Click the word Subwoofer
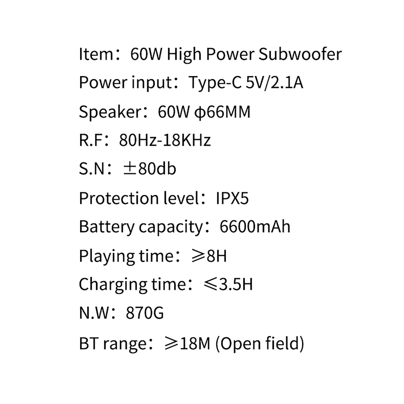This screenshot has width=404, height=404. (300, 54)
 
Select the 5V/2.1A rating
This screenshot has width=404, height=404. (274, 83)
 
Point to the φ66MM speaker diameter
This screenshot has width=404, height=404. (222, 112)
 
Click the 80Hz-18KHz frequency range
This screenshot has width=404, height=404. (165, 140)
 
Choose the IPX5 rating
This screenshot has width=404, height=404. (232, 198)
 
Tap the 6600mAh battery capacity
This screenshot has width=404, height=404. (255, 226)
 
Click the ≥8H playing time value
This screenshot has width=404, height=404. (209, 256)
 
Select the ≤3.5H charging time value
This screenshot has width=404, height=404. (228, 285)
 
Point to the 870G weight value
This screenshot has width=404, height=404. (145, 313)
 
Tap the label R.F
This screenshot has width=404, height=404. (91, 140)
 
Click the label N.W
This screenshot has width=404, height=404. (94, 313)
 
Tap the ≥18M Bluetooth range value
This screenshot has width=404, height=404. (187, 343)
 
